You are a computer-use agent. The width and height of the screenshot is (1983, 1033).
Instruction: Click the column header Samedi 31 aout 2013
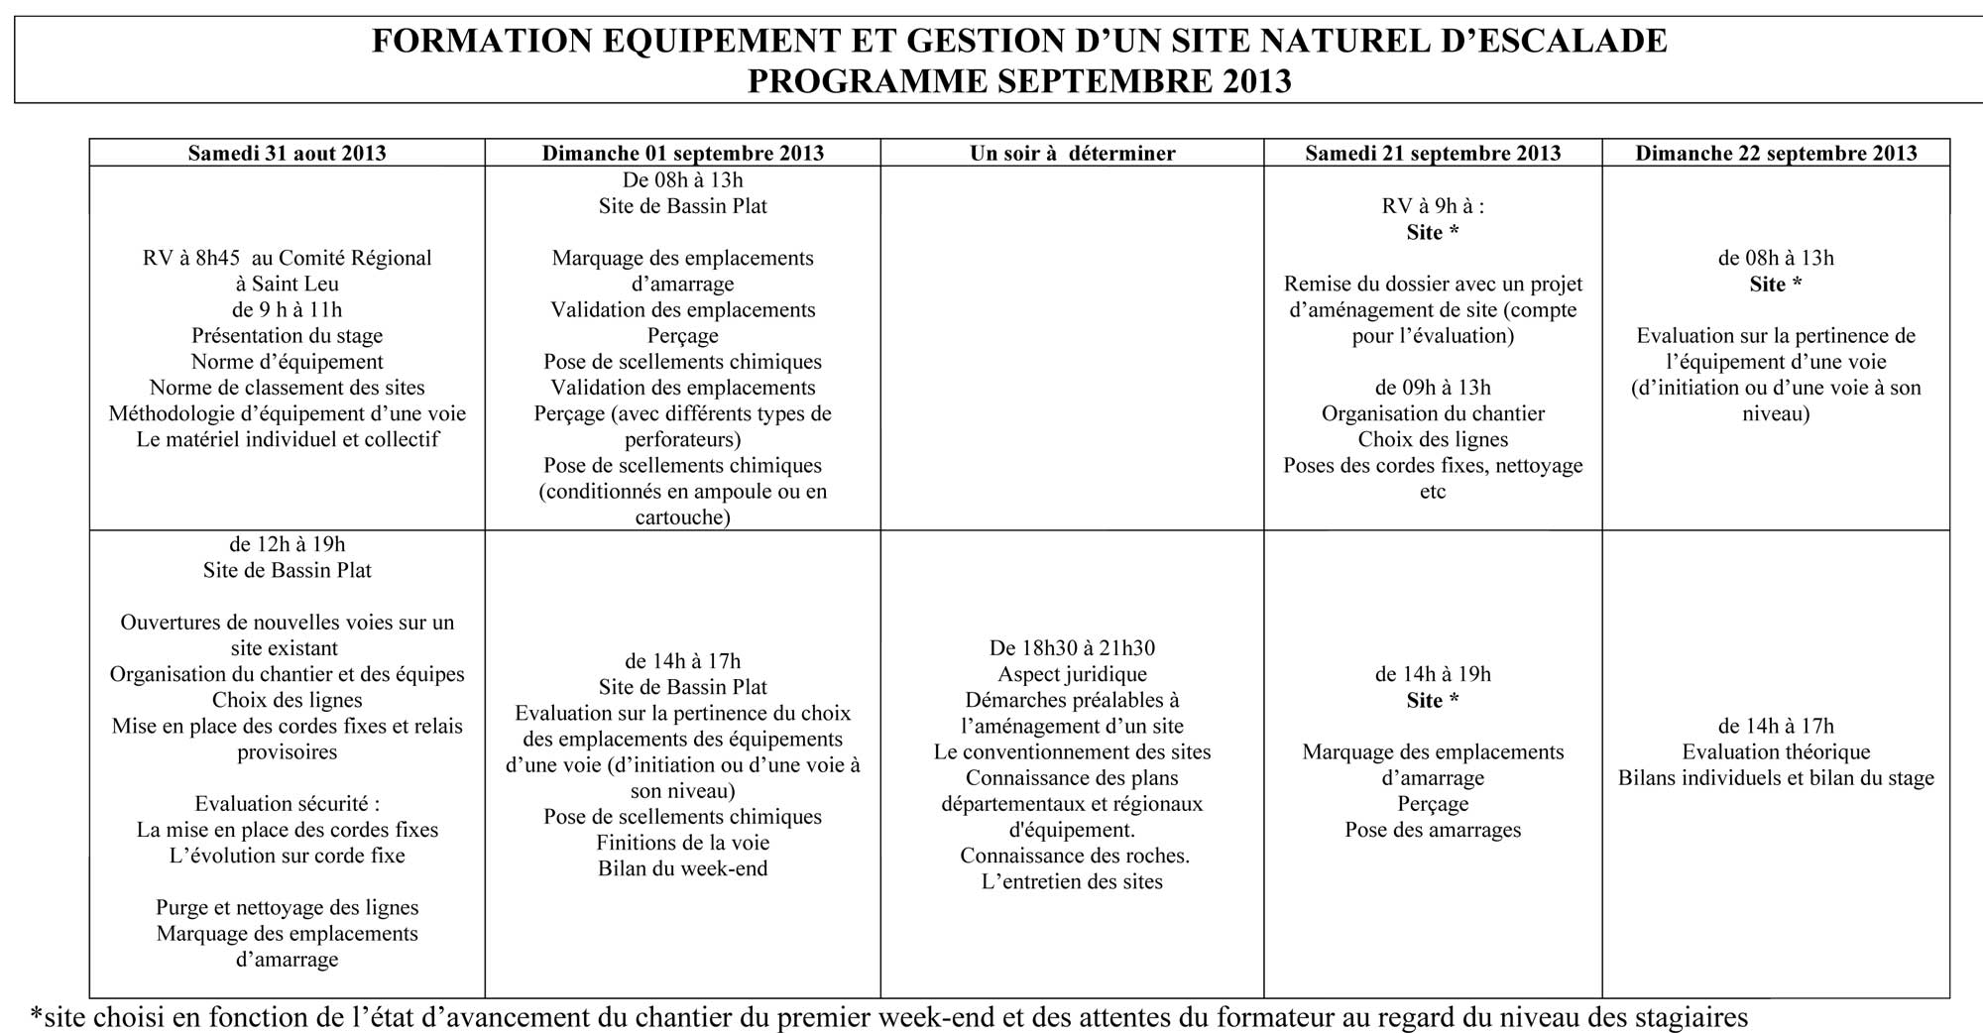click(x=287, y=153)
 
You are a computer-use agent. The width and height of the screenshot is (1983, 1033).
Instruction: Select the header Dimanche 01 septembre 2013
click(x=682, y=153)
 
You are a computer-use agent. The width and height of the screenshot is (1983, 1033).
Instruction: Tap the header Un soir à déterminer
click(x=1072, y=153)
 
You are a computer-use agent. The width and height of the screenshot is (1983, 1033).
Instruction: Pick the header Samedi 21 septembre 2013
click(x=1433, y=153)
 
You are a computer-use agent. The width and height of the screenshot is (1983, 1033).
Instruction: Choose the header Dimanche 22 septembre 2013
click(x=1776, y=153)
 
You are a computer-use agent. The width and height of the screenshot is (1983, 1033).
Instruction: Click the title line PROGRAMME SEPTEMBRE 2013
click(x=1019, y=80)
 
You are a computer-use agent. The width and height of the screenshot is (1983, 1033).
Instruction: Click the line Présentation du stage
click(x=287, y=335)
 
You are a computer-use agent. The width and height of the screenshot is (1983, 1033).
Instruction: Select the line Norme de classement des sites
click(x=287, y=387)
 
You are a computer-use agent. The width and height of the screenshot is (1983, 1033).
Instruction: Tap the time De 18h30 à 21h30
click(x=1072, y=647)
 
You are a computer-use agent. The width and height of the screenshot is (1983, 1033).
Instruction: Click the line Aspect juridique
click(x=1072, y=674)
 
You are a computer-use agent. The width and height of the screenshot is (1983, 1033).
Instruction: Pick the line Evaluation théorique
click(x=1776, y=751)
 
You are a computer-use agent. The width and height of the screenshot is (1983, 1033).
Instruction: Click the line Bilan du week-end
click(x=682, y=868)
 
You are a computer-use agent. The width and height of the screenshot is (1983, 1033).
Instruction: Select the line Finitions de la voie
click(x=682, y=843)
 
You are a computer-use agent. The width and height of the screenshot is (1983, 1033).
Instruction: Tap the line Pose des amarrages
click(x=1433, y=830)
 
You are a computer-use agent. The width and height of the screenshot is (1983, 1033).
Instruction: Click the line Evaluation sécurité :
click(x=287, y=803)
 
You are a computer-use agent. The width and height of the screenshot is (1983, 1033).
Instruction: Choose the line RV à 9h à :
click(x=1433, y=206)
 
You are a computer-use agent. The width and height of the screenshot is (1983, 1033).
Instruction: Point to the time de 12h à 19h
click(x=287, y=543)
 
